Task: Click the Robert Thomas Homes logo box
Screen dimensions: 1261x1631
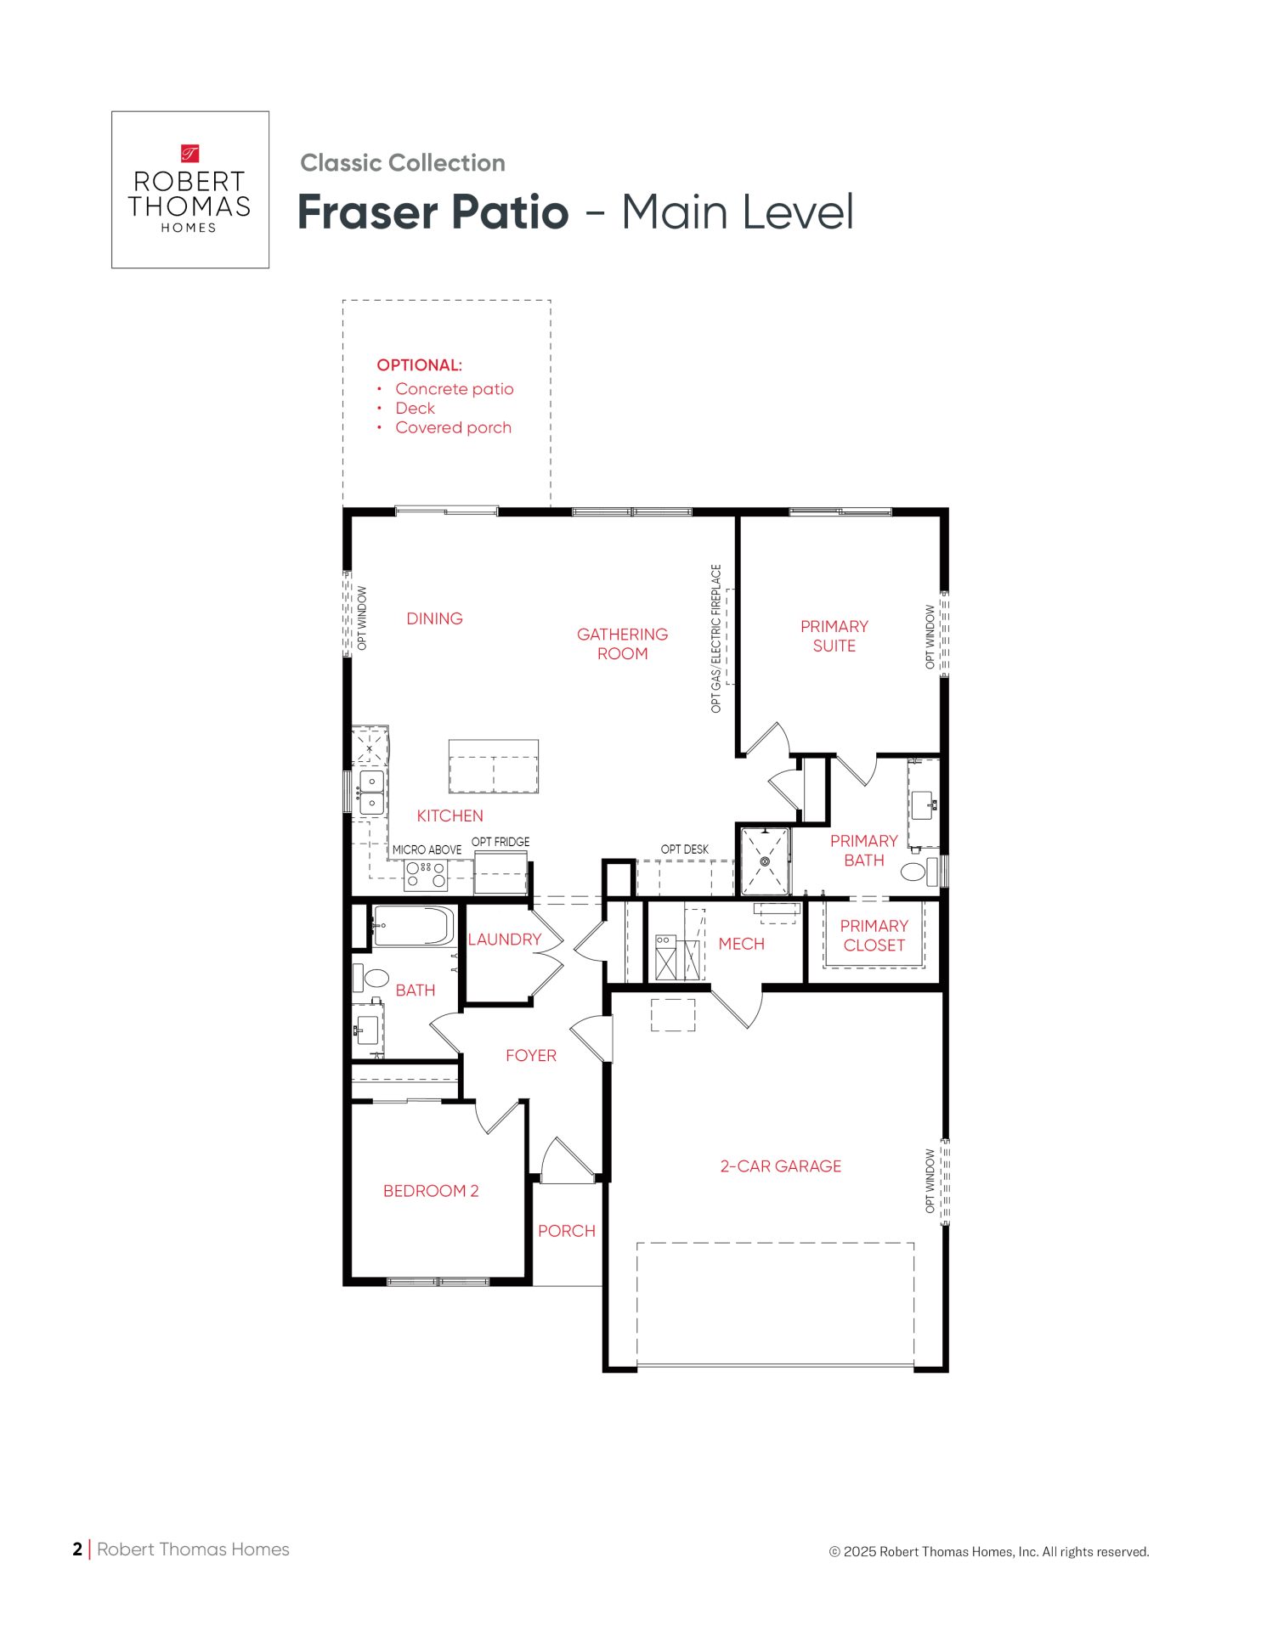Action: coord(190,189)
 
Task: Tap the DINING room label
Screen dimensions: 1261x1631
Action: coord(434,618)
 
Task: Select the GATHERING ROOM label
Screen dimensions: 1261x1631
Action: coord(622,644)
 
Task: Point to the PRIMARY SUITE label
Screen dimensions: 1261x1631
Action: coord(834,635)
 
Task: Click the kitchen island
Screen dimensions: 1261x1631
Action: coord(494,766)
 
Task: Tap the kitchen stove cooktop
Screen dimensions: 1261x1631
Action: coord(426,874)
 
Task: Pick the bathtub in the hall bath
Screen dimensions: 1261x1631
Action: coord(414,926)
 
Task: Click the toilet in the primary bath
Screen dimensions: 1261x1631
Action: coord(915,872)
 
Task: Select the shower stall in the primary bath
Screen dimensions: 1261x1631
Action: coord(765,861)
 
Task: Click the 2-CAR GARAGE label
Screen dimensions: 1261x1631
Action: coord(781,1166)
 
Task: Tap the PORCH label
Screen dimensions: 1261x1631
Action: coord(567,1231)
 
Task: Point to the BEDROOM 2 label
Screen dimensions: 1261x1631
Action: coord(431,1191)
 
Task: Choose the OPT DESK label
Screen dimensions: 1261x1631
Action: coord(685,849)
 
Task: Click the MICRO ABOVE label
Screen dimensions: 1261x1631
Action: coord(427,850)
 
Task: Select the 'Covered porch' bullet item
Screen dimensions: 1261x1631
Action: coord(453,427)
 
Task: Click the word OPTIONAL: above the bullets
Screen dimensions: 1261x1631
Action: coord(420,365)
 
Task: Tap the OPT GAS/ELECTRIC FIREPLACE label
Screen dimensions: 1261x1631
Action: coord(716,639)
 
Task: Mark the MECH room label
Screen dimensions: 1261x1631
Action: coord(741,944)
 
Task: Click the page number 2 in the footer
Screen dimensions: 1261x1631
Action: coord(77,1549)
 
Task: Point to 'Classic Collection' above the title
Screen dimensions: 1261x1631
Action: coord(403,163)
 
